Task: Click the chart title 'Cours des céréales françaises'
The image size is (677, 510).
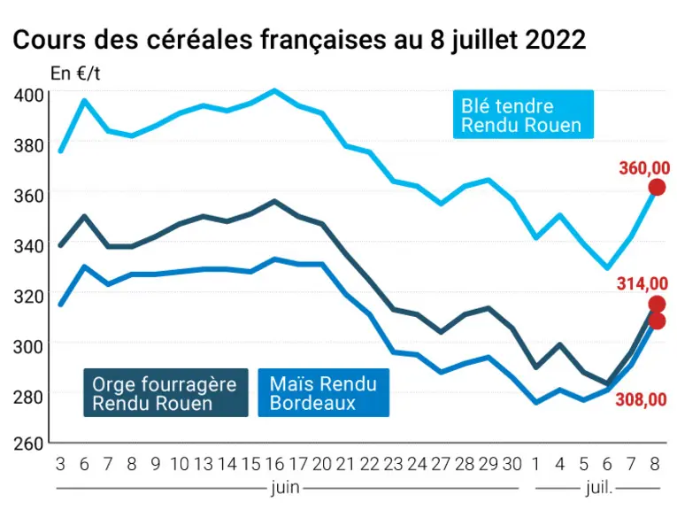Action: click(199, 40)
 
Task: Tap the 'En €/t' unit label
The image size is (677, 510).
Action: click(75, 73)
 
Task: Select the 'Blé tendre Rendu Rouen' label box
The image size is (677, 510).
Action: click(523, 114)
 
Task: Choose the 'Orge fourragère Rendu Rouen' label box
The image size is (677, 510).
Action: click(165, 392)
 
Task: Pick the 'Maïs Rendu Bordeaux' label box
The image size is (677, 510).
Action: click(323, 392)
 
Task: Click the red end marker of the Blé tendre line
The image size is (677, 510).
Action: click(658, 188)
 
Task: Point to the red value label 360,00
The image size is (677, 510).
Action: click(644, 168)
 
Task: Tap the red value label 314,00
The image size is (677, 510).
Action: click(642, 283)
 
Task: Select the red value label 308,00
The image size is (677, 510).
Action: click(642, 399)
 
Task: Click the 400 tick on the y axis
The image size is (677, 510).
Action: click(29, 95)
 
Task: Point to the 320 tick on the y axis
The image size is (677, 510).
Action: click(29, 297)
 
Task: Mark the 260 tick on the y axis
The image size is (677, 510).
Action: click(29, 444)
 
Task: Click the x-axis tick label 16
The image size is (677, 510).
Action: click(274, 464)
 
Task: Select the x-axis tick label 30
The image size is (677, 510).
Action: click(512, 464)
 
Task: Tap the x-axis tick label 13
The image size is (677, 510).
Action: click(204, 464)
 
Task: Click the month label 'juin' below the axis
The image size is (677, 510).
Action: click(285, 488)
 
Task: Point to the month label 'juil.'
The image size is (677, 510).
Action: click(599, 488)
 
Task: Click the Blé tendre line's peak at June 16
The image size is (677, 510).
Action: click(274, 90)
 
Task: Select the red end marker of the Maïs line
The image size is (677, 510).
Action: click(657, 321)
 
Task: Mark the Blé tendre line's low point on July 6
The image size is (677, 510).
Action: click(607, 267)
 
